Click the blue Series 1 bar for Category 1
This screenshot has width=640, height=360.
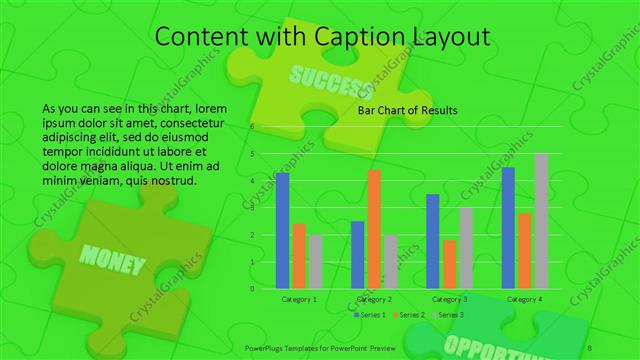pos(282,230)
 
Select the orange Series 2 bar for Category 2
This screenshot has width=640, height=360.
pos(374,229)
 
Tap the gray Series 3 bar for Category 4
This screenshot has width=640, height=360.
pos(541,221)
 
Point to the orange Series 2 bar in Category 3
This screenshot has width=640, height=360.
pos(450,264)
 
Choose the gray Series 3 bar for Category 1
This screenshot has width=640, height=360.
pos(316,261)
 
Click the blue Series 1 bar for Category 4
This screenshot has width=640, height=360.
pos(508,228)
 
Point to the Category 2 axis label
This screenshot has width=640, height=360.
pos(374,299)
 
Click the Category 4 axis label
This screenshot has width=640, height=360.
pos(524,299)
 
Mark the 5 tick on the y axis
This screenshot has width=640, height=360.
pos(252,154)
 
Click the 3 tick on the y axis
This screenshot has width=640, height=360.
pos(252,208)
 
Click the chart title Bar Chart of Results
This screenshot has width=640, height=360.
pos(407,110)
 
